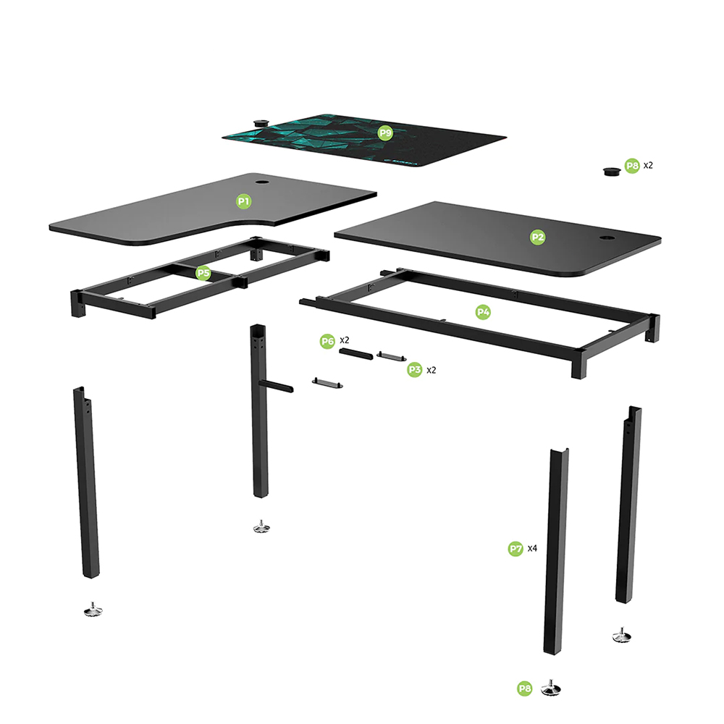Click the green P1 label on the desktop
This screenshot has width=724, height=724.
pos(243,200)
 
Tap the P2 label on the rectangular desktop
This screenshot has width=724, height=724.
pos(537,237)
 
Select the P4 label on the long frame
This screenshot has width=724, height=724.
pos(483,312)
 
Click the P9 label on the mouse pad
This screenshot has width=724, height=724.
pos(385,132)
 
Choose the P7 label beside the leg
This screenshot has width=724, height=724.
pos(515,549)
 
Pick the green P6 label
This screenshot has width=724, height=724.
pos(327,340)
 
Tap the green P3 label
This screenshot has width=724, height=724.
pos(414,370)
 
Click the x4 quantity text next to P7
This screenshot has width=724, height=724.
pos(532,549)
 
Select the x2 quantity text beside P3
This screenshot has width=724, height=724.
pos(432,370)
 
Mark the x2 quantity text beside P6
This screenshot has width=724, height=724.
pos(345,340)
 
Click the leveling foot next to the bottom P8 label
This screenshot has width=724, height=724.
pos(552,688)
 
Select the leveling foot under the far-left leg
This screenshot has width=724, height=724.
pos(92,610)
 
